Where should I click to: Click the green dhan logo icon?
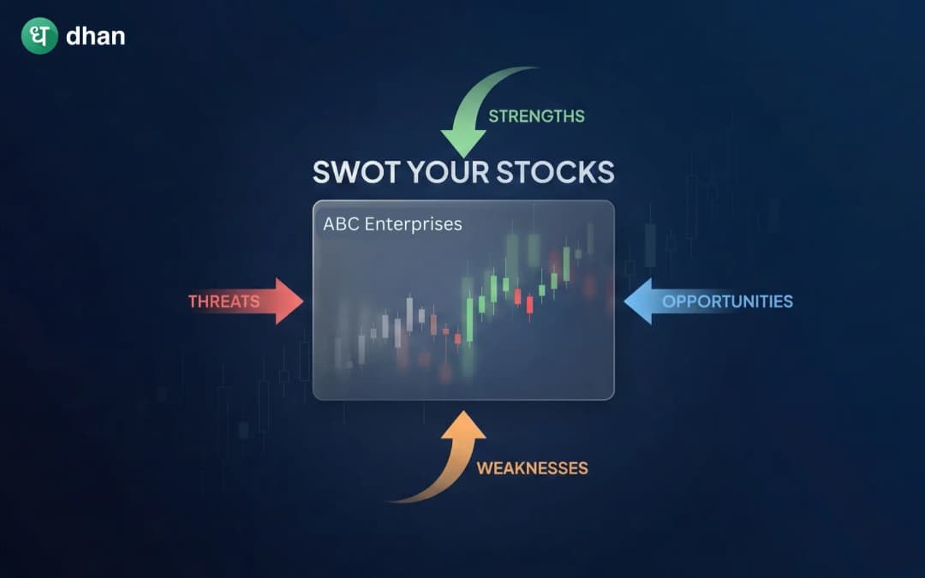point(39,36)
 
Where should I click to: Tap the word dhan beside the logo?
point(95,37)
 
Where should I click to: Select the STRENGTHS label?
point(536,116)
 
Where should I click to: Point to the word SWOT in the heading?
point(354,171)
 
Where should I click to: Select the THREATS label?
point(224,301)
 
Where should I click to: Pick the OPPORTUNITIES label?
point(727,301)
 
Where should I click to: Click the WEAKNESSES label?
point(532,468)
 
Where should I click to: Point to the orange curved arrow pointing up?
point(445,463)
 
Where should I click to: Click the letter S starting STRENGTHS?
point(493,116)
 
